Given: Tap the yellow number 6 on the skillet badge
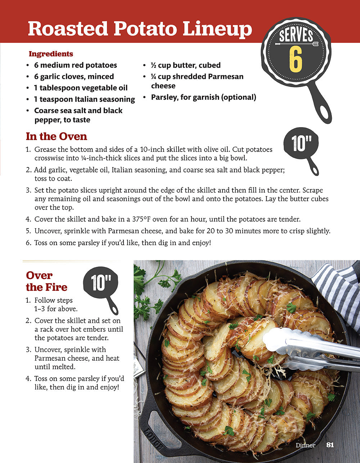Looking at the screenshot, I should point(295,61).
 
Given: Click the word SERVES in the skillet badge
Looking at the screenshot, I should point(296,36).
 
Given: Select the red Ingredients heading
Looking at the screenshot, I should point(51,54).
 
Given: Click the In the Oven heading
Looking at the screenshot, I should point(57,136).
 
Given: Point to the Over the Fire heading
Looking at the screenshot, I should point(46,281).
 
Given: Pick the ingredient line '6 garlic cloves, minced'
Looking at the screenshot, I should point(74,76).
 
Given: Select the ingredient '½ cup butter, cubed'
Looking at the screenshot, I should point(186,65).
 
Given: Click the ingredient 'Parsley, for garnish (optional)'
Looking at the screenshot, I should point(203,97).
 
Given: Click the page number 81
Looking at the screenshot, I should point(330,445).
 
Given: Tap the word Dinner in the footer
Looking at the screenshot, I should point(305,445).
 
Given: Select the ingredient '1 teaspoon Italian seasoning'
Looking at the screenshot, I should point(84,99).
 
